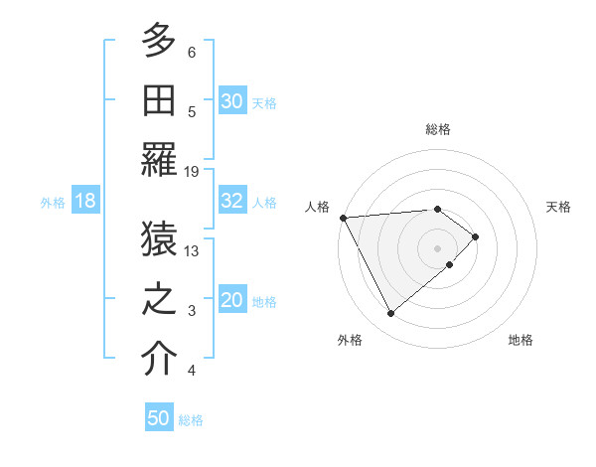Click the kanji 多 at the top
159,43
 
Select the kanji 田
159,99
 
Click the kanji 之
159,299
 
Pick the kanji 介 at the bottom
159,359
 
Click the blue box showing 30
232,101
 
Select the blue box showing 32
232,201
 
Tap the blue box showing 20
232,301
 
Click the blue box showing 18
84,201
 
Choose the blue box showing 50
159,418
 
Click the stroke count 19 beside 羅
193,172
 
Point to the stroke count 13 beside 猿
193,251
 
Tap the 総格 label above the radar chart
437,129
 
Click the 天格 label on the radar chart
559,207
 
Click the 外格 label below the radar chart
349,340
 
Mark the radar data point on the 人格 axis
343,218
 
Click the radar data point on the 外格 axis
391,314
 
